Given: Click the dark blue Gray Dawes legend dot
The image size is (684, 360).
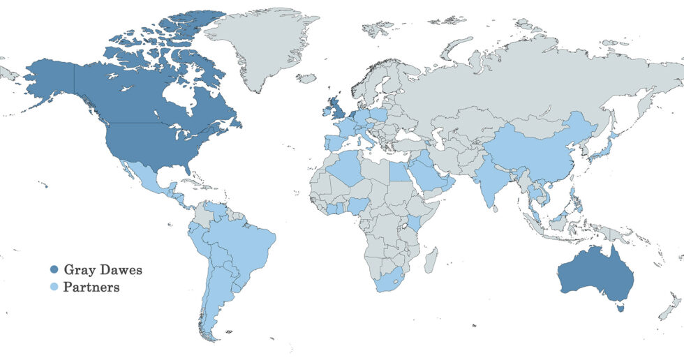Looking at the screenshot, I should tap(54, 269).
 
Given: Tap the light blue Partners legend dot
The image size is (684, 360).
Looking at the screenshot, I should tap(54, 287).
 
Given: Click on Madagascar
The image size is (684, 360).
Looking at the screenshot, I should tap(433, 257).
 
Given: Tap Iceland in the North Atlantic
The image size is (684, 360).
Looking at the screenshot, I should tap(306, 78).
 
